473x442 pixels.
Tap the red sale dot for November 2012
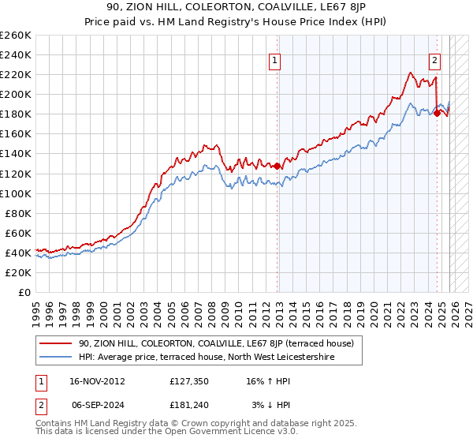[277, 166]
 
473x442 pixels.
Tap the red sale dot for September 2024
[437, 113]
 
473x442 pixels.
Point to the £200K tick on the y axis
[16, 94]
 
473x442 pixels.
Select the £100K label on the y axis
[16, 193]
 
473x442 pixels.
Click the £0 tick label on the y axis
[25, 292]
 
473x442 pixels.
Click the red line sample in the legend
[57, 343]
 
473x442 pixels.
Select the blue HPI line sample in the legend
[57, 357]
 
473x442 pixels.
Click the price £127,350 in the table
[188, 380]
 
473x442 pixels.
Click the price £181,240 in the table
[188, 405]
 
